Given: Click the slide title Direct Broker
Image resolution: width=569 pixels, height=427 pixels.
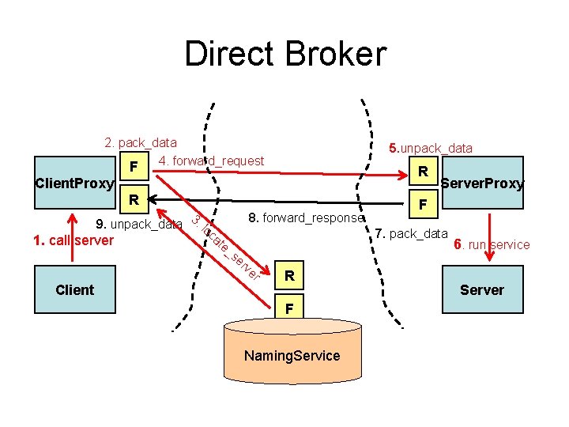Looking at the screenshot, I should [x=285, y=55].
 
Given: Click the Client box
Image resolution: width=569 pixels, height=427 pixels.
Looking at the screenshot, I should [x=74, y=289].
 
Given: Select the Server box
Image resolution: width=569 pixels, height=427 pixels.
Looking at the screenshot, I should [x=482, y=289].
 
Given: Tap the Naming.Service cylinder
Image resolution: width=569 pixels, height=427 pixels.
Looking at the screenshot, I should [x=292, y=356].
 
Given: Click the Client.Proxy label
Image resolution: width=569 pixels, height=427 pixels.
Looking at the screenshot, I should [x=75, y=183].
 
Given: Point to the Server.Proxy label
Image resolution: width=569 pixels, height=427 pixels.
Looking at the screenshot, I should [x=482, y=183].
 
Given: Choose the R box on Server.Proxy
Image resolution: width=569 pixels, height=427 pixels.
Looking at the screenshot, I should [x=424, y=172].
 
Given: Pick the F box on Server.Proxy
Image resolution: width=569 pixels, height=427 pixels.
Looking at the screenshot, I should [x=424, y=204].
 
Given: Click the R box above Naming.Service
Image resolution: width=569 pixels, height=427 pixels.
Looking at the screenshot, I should [x=290, y=276].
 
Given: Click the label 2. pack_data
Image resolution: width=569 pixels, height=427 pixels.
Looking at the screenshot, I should [x=141, y=143].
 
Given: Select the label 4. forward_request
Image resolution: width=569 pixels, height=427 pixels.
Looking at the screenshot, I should [x=211, y=161].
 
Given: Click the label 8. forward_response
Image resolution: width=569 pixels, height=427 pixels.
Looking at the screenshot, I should [x=306, y=217].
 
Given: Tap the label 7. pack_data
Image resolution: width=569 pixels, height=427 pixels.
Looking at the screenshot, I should [x=411, y=233].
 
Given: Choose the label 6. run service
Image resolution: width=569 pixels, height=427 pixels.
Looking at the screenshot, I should [x=492, y=244].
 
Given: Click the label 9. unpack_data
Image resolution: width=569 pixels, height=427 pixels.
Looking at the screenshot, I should [x=138, y=224].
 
